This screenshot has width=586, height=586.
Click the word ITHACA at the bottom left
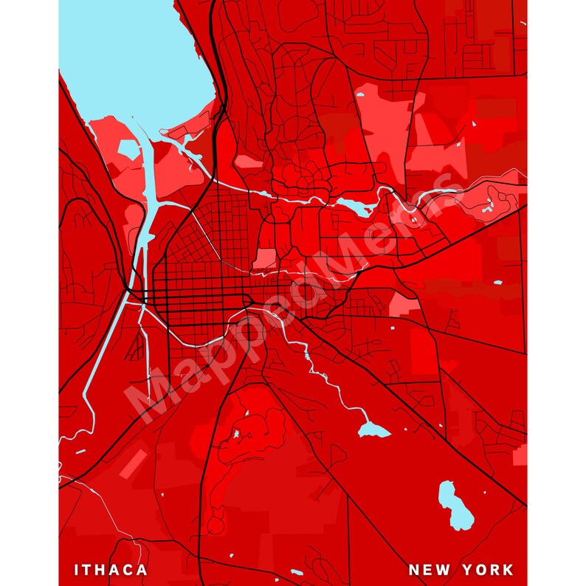pyautogui.click(x=111, y=570)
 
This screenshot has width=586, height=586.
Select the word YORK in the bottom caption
pyautogui.click(x=488, y=570)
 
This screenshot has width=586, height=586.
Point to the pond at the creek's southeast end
pyautogui.click(x=373, y=430)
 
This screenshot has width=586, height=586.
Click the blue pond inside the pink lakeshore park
pyautogui.click(x=128, y=151)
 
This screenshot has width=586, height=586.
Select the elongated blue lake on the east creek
pyautogui.click(x=354, y=207)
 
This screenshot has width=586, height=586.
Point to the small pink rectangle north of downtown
pyautogui.click(x=263, y=259)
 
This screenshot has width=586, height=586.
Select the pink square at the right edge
pyautogui.click(x=520, y=456)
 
